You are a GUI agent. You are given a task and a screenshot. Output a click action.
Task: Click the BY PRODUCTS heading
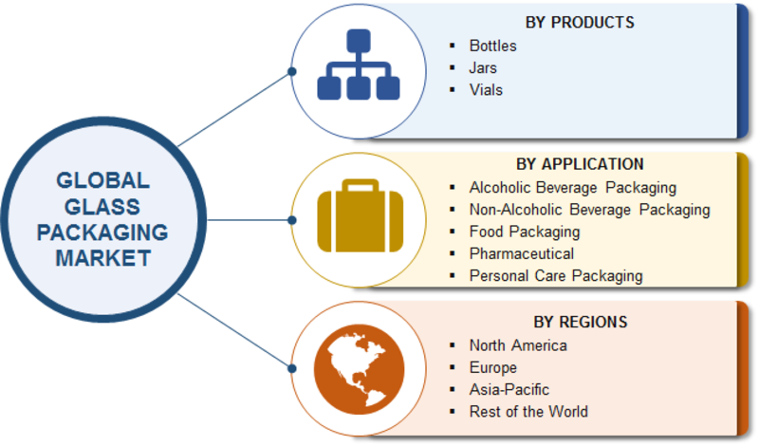coord(580,22)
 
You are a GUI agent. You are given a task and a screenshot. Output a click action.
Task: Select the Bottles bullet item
coord(492,46)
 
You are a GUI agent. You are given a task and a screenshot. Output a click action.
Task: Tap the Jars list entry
coord(483,68)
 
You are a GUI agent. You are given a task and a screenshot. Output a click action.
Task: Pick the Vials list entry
coord(486,90)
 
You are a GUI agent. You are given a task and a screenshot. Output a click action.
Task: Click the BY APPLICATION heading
coord(580,164)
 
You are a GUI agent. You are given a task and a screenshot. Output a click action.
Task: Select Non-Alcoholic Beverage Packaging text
coord(589,209)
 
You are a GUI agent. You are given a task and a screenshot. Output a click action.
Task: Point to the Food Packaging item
coord(524,232)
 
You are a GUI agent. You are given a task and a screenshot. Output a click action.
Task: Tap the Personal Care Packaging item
coord(555,276)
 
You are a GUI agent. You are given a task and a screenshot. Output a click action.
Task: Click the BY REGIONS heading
coord(580,321)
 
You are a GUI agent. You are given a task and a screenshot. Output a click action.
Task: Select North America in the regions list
coord(517,345)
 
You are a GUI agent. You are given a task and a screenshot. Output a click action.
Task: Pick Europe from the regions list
coord(492,367)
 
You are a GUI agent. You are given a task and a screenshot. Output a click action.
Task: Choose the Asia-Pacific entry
coord(509,389)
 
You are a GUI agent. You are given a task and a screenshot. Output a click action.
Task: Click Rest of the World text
coord(528,412)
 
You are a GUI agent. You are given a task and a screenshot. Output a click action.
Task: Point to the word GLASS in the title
coord(102,206)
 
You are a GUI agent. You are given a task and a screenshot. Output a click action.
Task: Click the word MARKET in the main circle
coord(102,256)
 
